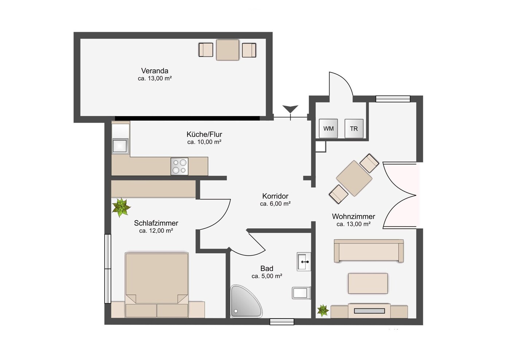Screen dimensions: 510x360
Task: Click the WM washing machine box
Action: click(328, 128)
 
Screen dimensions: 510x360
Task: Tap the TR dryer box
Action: click(354, 129)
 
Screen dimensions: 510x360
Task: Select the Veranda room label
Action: click(155, 71)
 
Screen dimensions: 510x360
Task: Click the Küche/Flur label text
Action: click(204, 134)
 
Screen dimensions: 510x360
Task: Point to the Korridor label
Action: click(275, 196)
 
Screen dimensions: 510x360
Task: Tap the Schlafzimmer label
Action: click(156, 223)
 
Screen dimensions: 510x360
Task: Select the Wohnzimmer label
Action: click(353, 216)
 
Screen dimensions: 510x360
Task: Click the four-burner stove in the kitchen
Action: click(179, 167)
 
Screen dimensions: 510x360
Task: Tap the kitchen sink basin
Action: click(120, 146)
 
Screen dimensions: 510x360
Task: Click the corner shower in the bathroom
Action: click(246, 301)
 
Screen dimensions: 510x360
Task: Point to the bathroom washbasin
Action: click(304, 262)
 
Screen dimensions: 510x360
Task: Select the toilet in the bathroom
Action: click(301, 293)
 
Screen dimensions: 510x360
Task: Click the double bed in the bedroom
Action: click(157, 285)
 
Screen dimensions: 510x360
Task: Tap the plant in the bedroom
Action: click(121, 207)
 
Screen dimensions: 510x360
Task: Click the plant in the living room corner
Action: click(323, 310)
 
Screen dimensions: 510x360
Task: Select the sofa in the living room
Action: click(369, 251)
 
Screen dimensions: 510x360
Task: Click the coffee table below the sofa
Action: click(368, 283)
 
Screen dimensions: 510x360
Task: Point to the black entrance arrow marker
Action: click(290, 109)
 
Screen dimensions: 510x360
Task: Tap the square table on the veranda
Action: click(227, 50)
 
